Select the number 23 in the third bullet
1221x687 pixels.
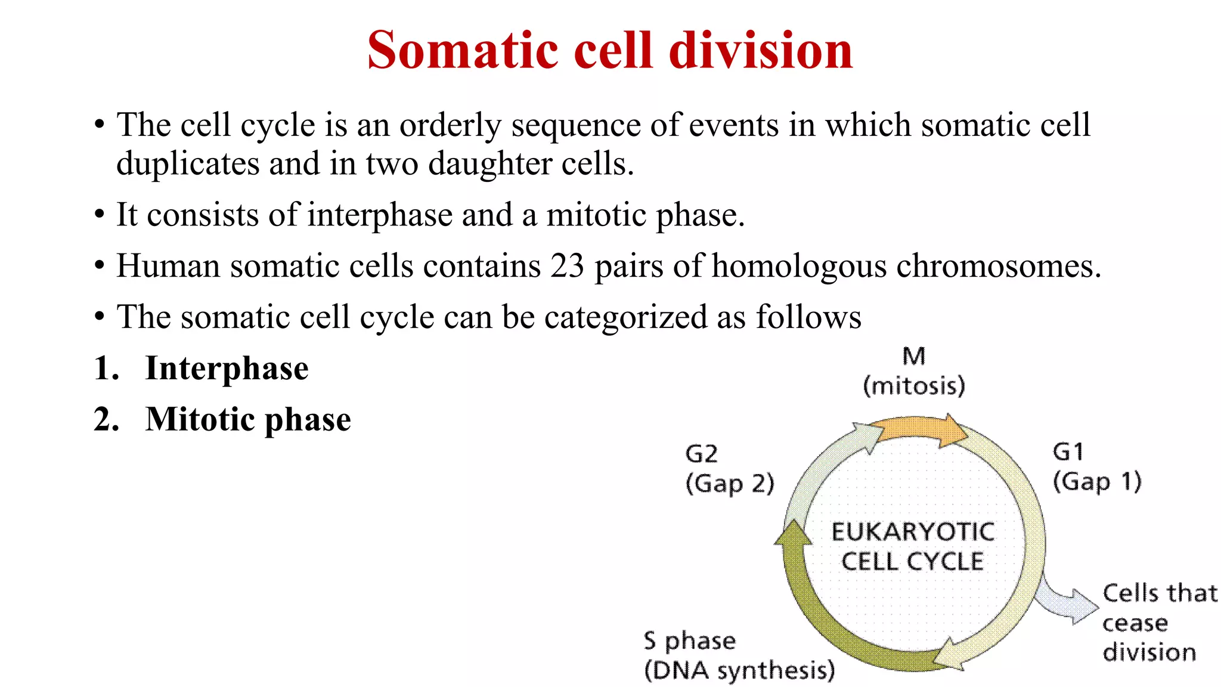(567, 266)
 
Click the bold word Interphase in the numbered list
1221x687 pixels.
(227, 368)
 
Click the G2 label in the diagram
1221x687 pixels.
(701, 454)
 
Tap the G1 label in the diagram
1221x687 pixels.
(1068, 452)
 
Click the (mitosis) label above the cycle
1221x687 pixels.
(914, 386)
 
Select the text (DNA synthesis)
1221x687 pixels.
(739, 670)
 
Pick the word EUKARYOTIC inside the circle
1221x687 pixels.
(913, 532)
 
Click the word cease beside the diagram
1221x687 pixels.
(1135, 623)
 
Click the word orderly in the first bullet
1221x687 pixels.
(450, 125)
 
